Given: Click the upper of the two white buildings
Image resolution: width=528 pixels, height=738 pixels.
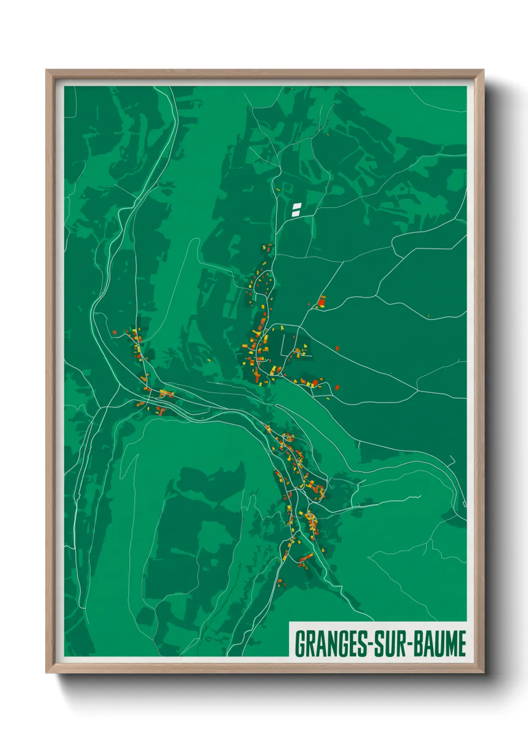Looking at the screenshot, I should (297, 205).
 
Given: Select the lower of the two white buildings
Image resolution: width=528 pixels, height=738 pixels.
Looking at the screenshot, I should (295, 213).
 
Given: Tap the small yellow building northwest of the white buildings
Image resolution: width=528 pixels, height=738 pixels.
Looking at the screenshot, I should (278, 189).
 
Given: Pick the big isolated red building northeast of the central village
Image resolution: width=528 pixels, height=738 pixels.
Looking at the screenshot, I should (321, 301).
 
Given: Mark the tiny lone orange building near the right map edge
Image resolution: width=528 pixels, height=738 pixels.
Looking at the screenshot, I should (428, 316).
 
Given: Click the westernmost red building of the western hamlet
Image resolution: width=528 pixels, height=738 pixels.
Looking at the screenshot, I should (114, 332).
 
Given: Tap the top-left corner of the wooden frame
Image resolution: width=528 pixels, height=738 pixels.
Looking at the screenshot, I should (46, 70).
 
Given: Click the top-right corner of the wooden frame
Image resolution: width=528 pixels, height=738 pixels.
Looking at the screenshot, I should (483, 70).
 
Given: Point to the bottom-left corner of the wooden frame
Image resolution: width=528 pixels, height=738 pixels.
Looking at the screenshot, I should (46, 672).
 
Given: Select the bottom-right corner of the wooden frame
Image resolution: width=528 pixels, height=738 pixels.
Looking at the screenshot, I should (483, 672).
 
